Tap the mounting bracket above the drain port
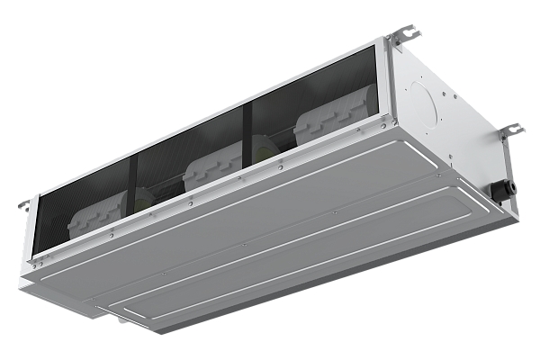click(x=510, y=130)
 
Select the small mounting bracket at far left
click(x=22, y=204)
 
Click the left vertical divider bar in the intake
click(x=134, y=189)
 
